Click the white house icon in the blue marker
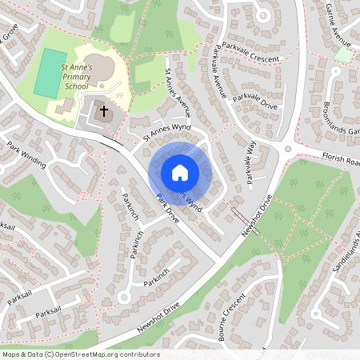[179, 172]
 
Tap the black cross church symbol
[103, 111]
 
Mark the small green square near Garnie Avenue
[344, 55]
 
